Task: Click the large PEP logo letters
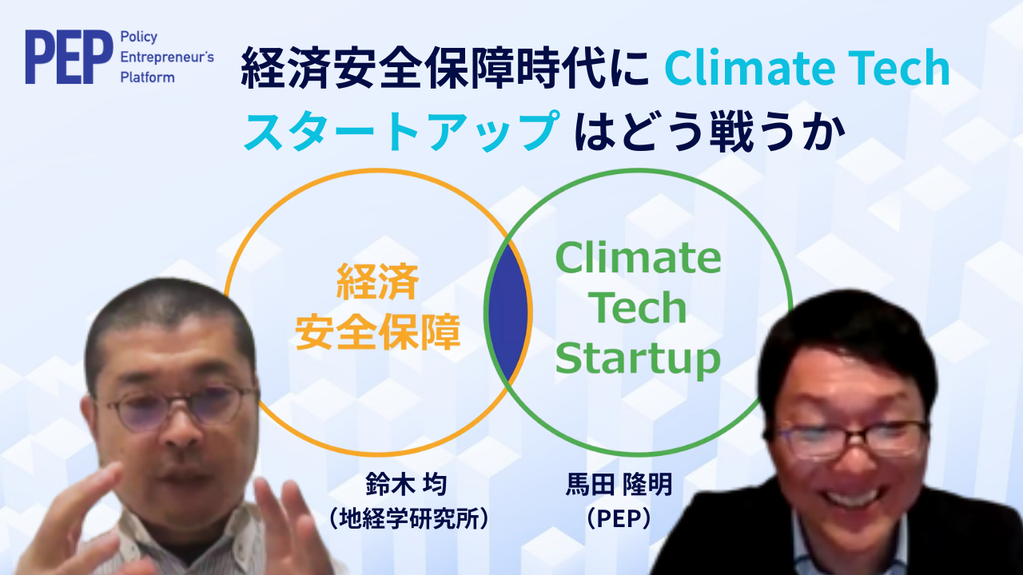pyautogui.click(x=69, y=57)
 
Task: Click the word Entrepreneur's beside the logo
pyautogui.click(x=167, y=57)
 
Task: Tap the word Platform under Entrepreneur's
pyautogui.click(x=147, y=77)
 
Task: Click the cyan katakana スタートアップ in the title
pyautogui.click(x=402, y=130)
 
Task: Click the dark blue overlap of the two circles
pyautogui.click(x=508, y=313)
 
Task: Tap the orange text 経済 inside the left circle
pyautogui.click(x=377, y=282)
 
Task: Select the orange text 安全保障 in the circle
pyautogui.click(x=378, y=331)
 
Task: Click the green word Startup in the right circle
pyautogui.click(x=638, y=360)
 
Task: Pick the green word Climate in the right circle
pyautogui.click(x=638, y=257)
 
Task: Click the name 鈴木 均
pyautogui.click(x=406, y=484)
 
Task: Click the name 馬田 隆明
pyautogui.click(x=619, y=484)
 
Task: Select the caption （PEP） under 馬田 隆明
pyautogui.click(x=619, y=518)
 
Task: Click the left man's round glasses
pyautogui.click(x=181, y=407)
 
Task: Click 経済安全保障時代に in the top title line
pyautogui.click(x=446, y=68)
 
